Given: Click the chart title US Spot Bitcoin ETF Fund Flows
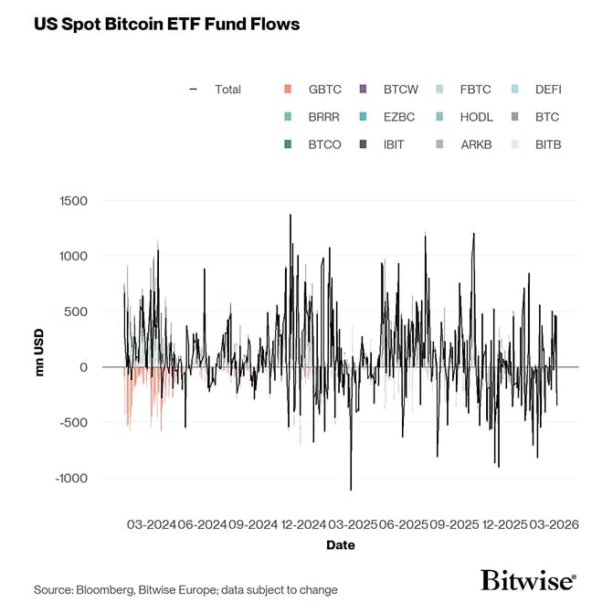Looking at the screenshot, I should click(x=166, y=24).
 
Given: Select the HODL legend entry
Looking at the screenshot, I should click(x=476, y=117).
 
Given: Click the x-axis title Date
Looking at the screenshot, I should click(x=341, y=545).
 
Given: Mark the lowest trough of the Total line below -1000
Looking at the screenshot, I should click(x=351, y=490).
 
